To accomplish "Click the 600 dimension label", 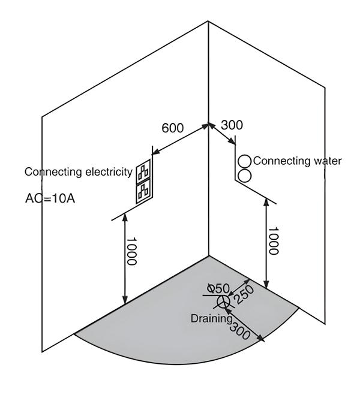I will coord(173,128).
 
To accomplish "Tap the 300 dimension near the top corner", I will coord(232,125).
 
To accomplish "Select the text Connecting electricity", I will coord(78,172).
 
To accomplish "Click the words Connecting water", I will coord(297,161).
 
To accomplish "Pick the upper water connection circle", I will coord(245,161).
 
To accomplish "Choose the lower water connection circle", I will coord(245,176).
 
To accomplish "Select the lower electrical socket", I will coord(143,191).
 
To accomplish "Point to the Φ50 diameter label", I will coord(214,287).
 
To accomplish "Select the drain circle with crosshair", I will coord(223,301).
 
